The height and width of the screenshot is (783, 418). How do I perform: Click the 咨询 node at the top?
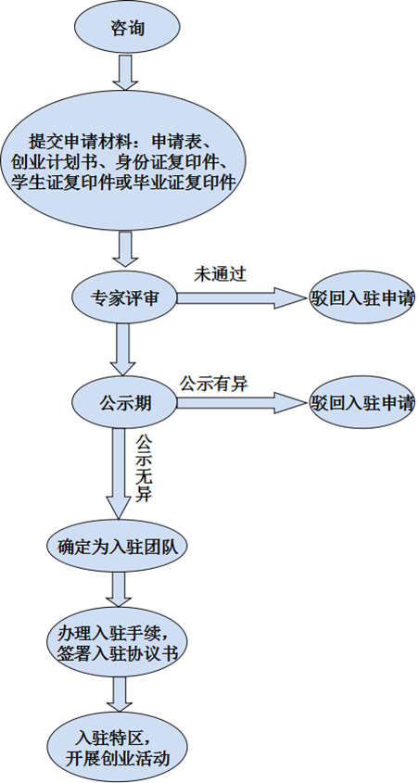pos(127,27)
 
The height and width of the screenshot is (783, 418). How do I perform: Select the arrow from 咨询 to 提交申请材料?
pos(125,72)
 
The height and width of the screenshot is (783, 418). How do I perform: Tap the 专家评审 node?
pos(124,298)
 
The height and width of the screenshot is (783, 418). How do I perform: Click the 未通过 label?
pos(221,274)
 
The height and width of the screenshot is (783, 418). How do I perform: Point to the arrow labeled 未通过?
pos(241,298)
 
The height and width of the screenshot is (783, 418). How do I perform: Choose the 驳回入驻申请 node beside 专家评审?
pos(362,297)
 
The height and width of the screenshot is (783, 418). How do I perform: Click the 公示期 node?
pos(124,402)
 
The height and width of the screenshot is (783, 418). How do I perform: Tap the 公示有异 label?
pos(214,383)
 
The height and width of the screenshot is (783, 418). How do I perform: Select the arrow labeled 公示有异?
pos(241,402)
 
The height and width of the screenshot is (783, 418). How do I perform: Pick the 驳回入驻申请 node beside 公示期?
pos(362,402)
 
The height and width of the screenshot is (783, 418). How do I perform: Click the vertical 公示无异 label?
pos(145,468)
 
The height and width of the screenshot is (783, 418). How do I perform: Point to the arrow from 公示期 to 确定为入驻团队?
pos(119,474)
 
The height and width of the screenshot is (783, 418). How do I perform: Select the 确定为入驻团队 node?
pos(118,547)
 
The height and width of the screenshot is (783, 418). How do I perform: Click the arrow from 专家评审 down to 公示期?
pos(122,349)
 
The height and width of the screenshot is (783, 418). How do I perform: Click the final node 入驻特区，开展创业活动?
pos(118,748)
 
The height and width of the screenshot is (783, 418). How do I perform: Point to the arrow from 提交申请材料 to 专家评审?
pos(125,249)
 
